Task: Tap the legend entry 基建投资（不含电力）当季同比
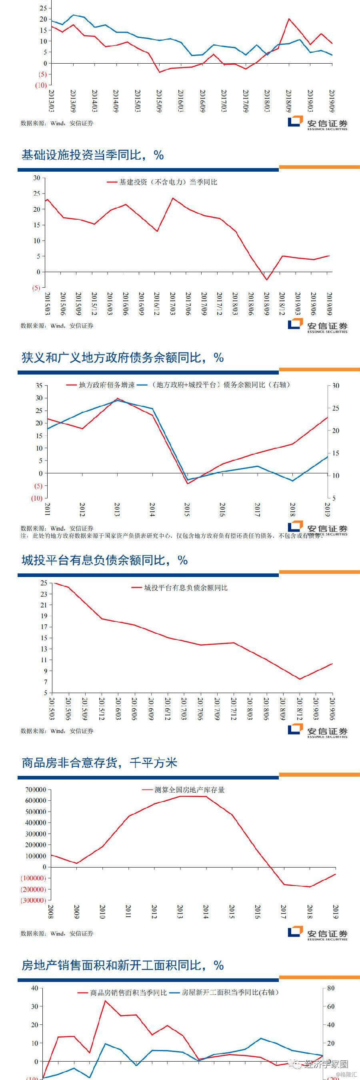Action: pos(168,182)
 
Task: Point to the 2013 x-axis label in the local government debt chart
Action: pos(117,509)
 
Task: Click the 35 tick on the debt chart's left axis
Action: pos(39,385)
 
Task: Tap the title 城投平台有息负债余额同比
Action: pos(104,560)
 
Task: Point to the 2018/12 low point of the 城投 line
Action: pos(300,679)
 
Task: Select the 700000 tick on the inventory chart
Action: pos(35,790)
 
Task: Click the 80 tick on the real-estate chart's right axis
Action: pos(331,988)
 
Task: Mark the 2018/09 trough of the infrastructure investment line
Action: pos(266,280)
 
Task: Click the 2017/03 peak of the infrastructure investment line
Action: pos(172,198)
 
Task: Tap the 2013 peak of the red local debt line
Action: pos(117,398)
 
